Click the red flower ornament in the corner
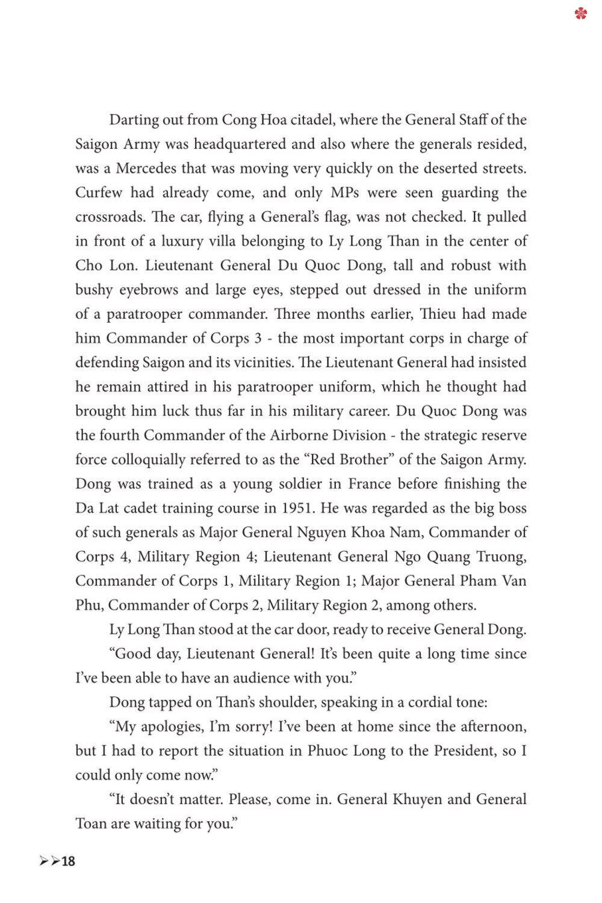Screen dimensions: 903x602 click(580, 13)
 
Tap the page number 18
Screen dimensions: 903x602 click(68, 861)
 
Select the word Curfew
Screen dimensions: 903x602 click(98, 193)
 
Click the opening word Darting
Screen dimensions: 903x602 click(134, 120)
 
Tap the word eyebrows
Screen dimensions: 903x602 click(148, 290)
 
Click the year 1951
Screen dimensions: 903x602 click(298, 508)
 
